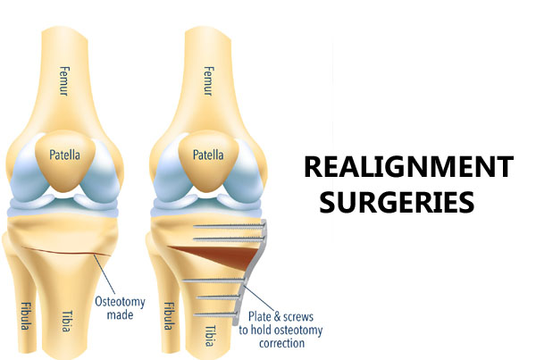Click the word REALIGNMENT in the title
point(408,166)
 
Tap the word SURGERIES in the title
point(397,202)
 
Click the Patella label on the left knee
point(64,155)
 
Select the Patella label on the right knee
point(208,155)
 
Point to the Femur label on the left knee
point(64,81)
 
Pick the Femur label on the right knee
point(208,81)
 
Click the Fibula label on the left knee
point(24,316)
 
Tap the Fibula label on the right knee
point(168,316)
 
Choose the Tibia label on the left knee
point(66,321)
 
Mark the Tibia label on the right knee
point(211,336)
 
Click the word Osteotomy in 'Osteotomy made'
point(120,302)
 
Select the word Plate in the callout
point(259,316)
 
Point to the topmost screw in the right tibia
point(230,225)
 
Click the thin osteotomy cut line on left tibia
point(66,251)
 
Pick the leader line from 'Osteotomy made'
point(105,274)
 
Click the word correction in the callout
point(281,343)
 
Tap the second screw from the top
point(230,239)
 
